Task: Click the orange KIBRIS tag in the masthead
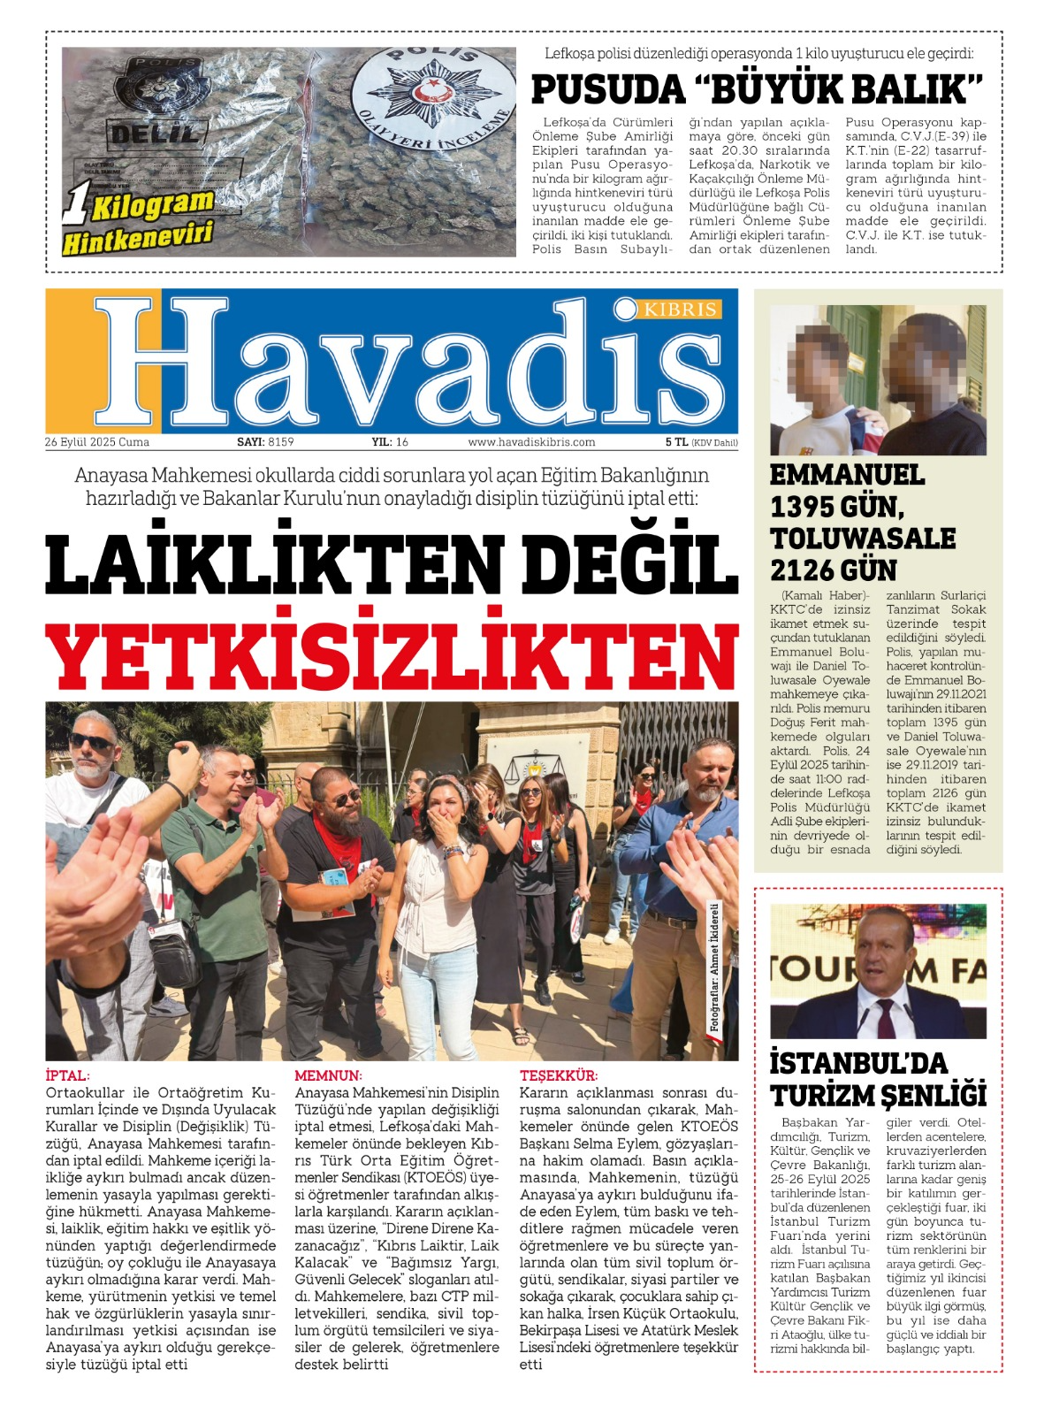681,310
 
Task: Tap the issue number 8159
280,442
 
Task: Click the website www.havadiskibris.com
531,442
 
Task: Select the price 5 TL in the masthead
676,442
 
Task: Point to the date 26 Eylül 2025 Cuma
97,442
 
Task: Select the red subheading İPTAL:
67,1075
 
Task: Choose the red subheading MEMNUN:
328,1075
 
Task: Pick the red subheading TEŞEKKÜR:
559,1075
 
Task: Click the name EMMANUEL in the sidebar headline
847,475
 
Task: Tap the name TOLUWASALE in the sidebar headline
863,539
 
